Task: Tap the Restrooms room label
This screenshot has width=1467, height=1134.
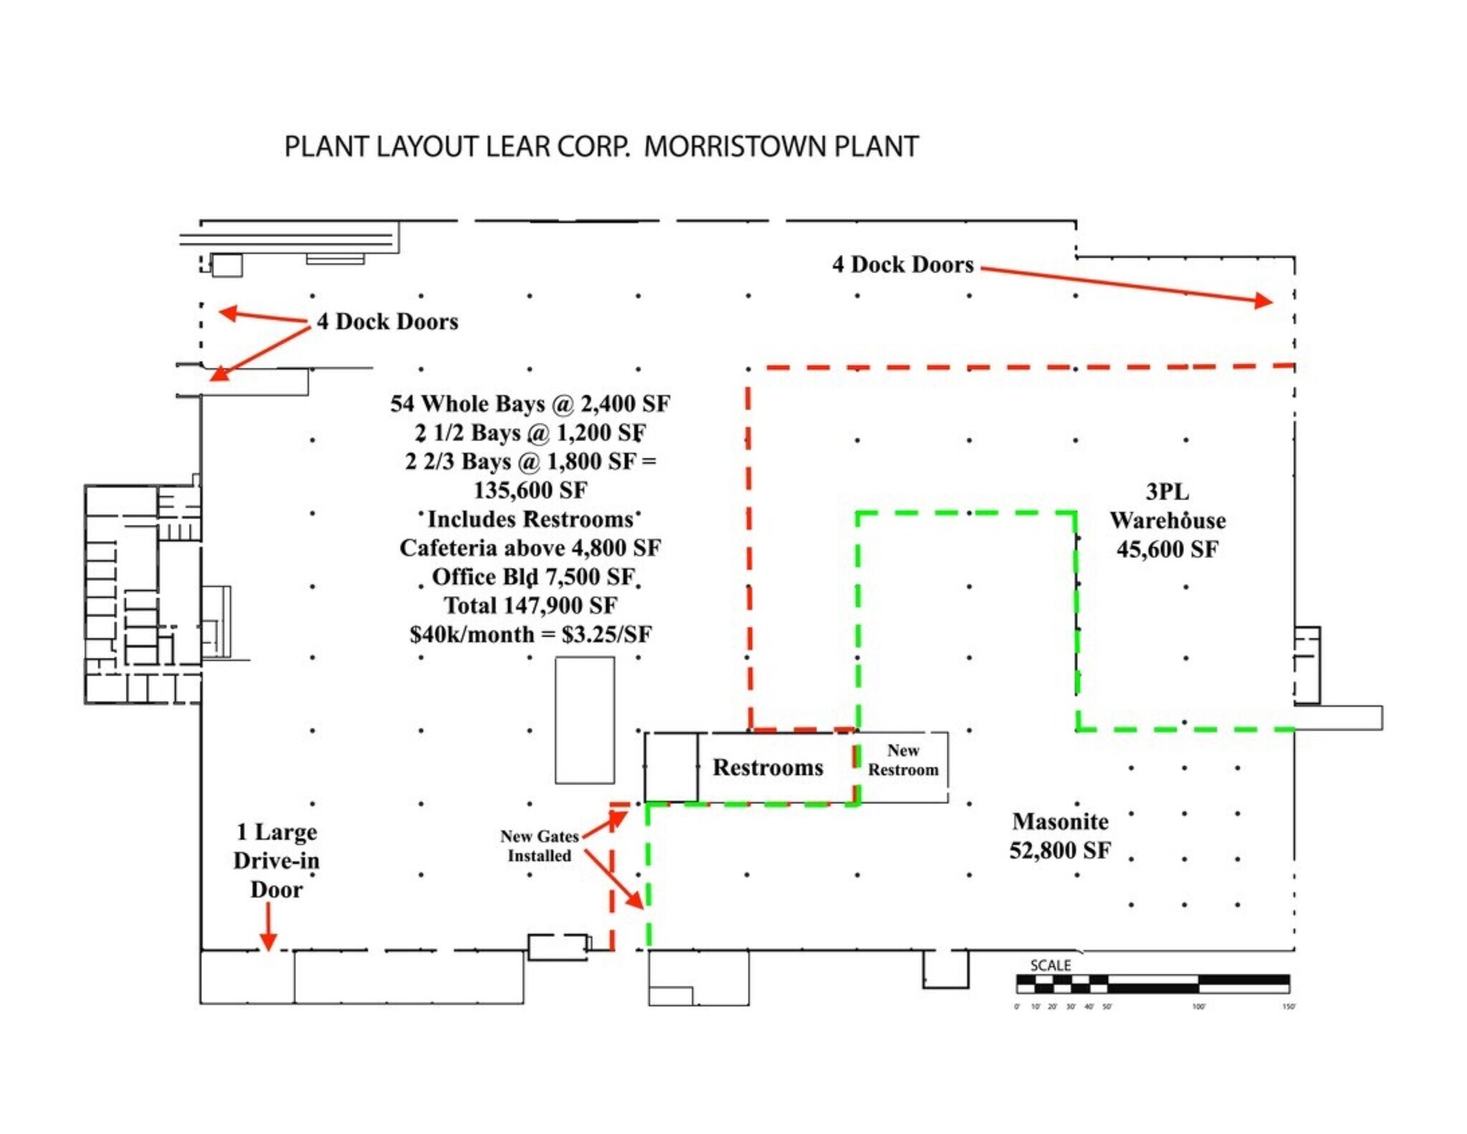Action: point(767,767)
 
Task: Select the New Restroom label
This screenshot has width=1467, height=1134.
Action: point(903,760)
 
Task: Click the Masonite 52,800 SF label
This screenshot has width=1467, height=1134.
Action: point(1059,836)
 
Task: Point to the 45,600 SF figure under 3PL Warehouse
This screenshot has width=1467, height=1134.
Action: point(1167,549)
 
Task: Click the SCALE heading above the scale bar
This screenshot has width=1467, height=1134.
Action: point(1050,965)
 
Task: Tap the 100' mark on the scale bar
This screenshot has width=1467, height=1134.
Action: point(1198,1006)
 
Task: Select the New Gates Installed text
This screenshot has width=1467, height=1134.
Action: point(539,846)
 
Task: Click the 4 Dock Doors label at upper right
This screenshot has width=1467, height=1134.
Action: point(903,264)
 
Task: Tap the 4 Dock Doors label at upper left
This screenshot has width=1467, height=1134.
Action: point(387,322)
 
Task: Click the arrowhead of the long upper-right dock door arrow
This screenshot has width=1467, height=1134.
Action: point(1264,301)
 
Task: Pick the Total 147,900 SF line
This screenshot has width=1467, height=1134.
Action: point(530,605)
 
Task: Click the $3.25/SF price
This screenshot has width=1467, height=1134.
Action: point(607,635)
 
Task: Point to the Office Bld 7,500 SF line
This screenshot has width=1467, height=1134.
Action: point(533,577)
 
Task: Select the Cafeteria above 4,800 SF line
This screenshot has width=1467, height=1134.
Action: point(530,548)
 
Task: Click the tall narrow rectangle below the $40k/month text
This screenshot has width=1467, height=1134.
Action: point(585,720)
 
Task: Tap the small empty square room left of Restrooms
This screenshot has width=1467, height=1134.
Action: point(670,767)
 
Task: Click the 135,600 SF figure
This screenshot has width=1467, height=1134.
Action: point(530,490)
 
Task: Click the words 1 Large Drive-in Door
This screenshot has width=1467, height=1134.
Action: point(276,860)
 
